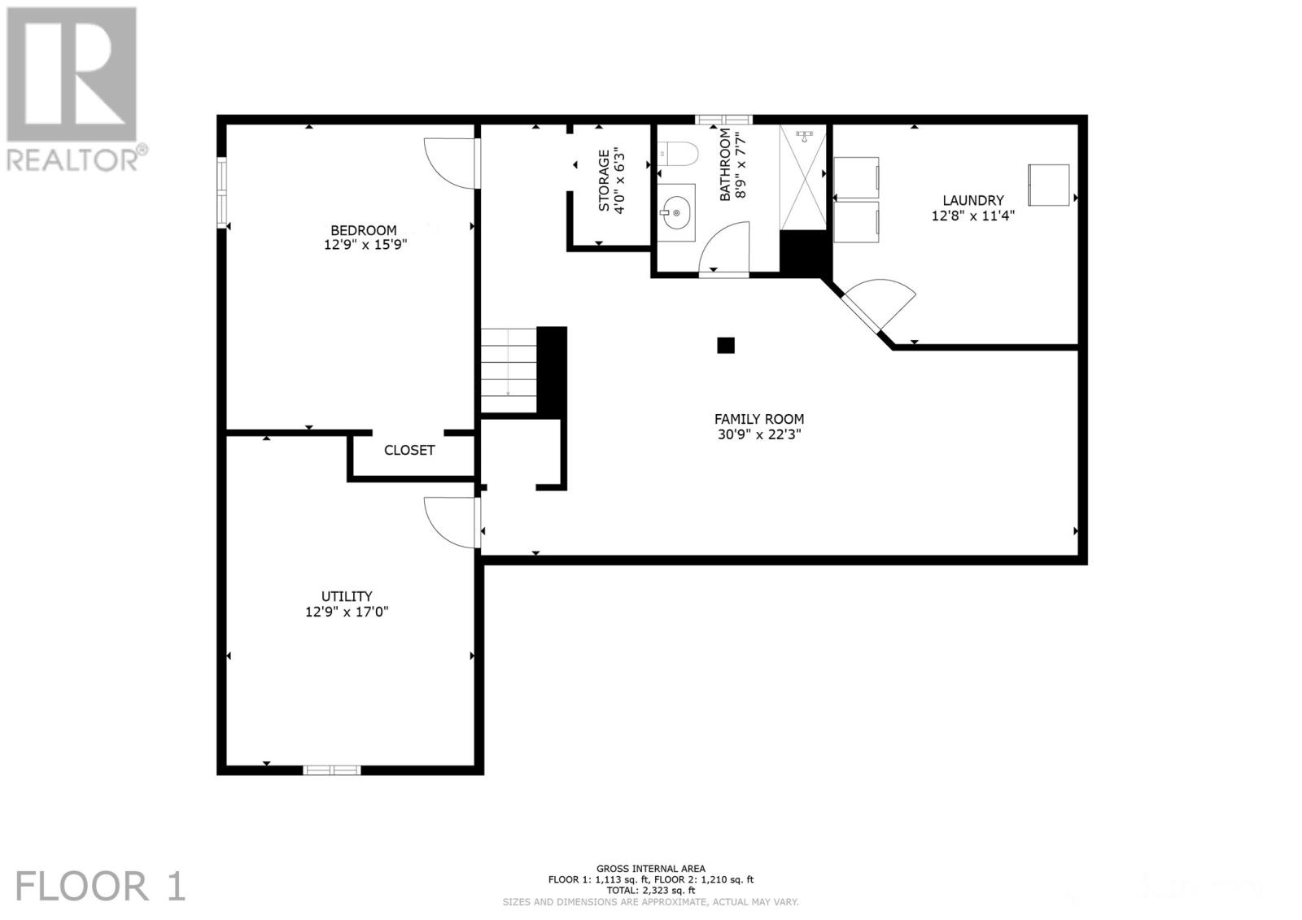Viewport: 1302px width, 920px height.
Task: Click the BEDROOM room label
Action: [x=363, y=230]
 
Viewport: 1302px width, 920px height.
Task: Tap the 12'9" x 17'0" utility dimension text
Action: [x=347, y=612]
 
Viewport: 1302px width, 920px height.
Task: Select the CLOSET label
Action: [x=409, y=450]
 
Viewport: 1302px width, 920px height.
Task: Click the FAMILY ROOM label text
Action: [x=758, y=419]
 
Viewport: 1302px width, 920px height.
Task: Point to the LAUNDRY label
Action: [x=972, y=200]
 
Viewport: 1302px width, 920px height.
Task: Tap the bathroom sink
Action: [x=675, y=213]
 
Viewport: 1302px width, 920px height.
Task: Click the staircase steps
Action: [x=508, y=370]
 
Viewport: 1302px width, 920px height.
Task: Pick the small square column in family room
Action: [x=725, y=345]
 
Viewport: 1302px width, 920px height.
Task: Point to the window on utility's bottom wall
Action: [x=331, y=769]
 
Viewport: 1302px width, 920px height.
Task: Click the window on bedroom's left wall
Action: [x=221, y=190]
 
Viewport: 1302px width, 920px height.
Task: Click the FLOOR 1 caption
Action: [x=101, y=886]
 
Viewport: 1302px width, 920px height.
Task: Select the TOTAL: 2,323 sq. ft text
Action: [x=650, y=891]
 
